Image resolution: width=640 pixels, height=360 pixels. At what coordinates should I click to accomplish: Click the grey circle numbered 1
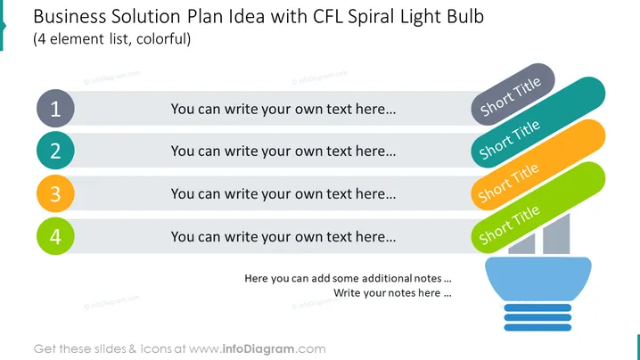point(55,108)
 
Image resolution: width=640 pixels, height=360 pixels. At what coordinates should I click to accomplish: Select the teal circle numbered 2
point(55,151)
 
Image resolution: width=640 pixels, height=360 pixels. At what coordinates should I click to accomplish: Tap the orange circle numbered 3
point(55,193)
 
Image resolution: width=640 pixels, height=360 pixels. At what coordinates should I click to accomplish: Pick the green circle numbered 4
point(55,236)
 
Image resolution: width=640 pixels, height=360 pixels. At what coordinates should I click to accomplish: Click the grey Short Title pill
point(513,94)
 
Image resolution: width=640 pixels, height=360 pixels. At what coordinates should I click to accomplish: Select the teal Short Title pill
point(538,122)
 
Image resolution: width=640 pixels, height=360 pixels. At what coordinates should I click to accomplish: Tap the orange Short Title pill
point(538,165)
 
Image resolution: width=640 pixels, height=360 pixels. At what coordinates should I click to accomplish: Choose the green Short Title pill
point(538,208)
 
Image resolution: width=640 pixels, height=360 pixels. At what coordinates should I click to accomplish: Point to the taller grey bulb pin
point(556,233)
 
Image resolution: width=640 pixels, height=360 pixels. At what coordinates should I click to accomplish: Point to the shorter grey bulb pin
point(521,244)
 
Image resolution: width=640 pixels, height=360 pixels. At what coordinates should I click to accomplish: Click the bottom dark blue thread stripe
point(537,327)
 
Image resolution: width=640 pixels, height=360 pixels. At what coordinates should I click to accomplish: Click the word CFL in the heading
point(328,17)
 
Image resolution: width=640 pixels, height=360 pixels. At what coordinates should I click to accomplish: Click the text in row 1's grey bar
point(283,109)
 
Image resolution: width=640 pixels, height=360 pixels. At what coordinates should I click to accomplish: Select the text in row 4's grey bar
point(283,237)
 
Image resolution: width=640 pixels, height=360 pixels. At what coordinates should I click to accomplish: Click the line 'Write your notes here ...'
point(392,293)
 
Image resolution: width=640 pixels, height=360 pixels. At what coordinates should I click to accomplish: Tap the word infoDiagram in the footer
point(258,349)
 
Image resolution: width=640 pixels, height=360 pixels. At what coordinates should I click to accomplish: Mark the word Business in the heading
point(70,17)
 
